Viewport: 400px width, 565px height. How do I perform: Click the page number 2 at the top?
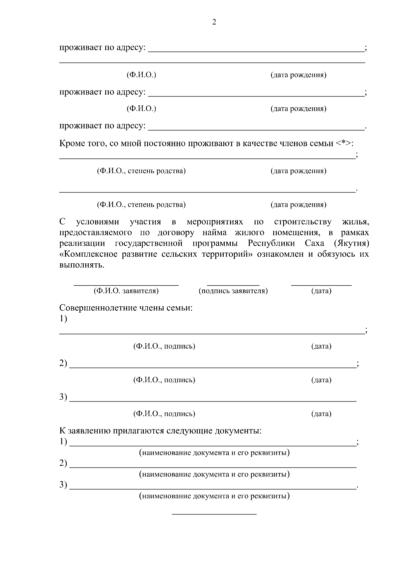214,22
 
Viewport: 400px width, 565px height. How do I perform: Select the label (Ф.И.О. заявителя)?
126,291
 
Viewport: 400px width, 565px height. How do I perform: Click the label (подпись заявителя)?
233,291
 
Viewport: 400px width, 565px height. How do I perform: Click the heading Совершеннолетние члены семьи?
126,308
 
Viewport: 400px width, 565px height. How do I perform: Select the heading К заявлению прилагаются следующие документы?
160,431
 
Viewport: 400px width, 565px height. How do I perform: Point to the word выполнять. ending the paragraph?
82,266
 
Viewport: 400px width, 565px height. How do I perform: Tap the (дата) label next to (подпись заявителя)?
321,291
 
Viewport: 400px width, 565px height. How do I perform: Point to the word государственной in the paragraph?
149,243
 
